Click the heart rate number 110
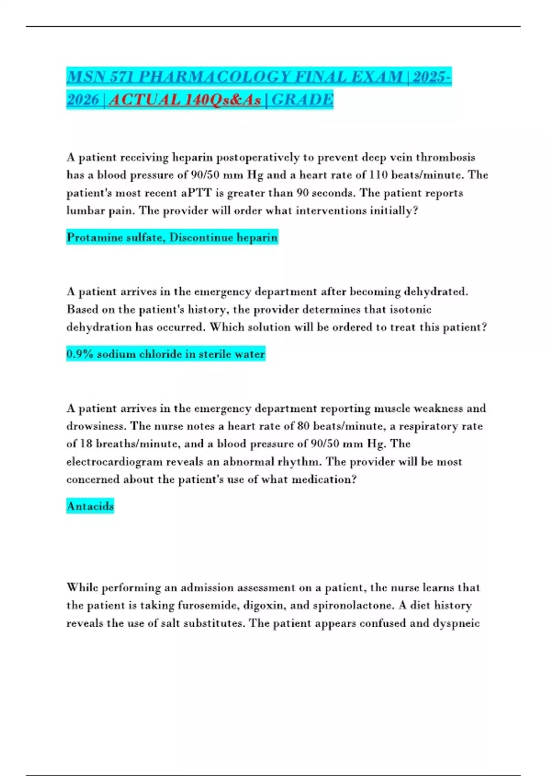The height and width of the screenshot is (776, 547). click(378, 175)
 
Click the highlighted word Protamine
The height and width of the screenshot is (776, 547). click(92, 237)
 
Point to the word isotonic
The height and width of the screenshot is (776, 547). click(408, 309)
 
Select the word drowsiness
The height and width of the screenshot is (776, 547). click(96, 426)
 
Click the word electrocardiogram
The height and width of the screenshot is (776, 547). click(114, 461)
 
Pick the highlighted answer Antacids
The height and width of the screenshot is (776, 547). click(90, 506)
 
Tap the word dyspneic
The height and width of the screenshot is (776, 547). click(457, 623)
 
